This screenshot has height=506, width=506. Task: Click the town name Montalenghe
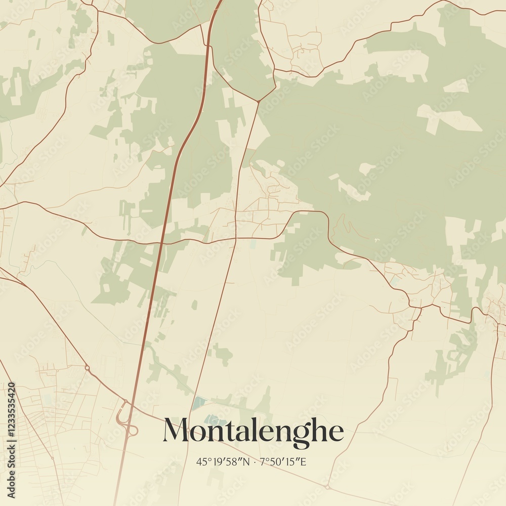(x=253, y=432)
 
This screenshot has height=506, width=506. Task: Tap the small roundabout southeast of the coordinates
(x=327, y=487)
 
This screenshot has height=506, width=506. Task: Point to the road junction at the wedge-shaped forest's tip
(x=258, y=101)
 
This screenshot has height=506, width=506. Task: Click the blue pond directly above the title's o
(x=199, y=403)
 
